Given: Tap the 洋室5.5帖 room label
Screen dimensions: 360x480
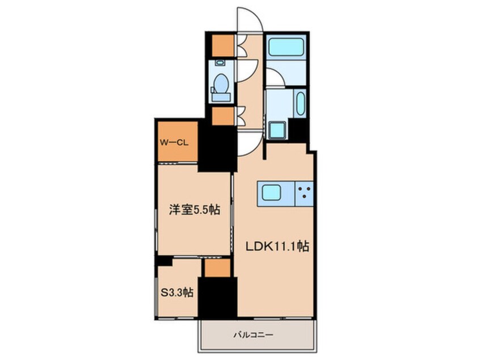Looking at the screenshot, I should [x=194, y=210].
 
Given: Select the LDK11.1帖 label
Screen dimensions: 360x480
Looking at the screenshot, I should [x=276, y=247].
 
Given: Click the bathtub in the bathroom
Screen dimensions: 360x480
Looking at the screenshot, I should [x=287, y=47].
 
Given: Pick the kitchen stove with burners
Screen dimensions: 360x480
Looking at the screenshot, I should [x=304, y=194].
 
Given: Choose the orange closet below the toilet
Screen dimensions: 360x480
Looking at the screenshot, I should [x=222, y=116].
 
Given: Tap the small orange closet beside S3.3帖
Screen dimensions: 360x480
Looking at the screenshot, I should [x=217, y=268].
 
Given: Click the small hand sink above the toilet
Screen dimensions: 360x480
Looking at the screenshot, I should [x=220, y=64].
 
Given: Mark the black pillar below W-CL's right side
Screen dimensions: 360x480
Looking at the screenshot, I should [x=217, y=149].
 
